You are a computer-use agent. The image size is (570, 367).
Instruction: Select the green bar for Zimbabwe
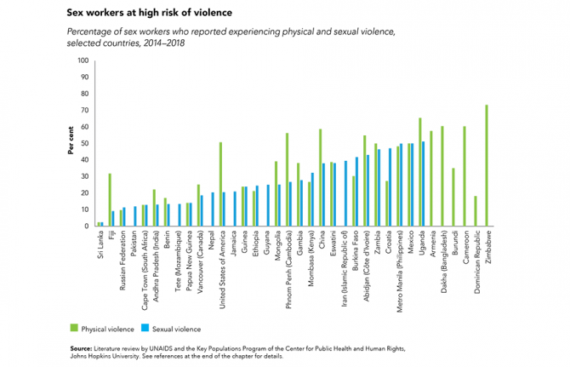point(487,166)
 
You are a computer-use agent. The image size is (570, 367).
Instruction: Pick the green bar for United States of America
point(220,184)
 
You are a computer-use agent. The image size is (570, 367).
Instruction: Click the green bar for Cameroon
point(465,176)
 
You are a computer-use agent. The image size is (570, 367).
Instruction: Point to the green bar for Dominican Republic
point(476,211)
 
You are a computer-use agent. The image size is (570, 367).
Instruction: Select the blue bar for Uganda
point(424,184)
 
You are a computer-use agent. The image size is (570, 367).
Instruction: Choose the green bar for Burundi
point(453,197)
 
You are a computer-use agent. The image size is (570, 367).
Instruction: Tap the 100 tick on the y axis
point(83,60)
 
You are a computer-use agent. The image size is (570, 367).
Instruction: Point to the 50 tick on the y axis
point(84,143)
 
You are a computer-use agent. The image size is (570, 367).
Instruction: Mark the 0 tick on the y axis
point(86,227)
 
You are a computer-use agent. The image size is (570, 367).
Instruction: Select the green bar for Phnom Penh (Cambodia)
point(287,180)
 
